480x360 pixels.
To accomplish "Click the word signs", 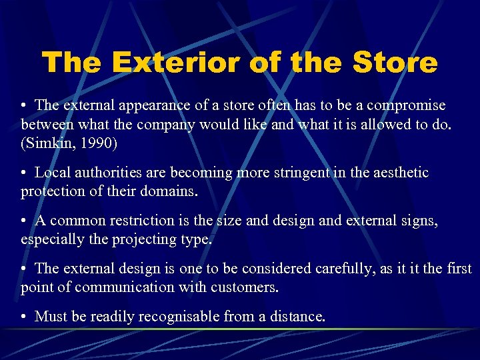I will tap(417, 221).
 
